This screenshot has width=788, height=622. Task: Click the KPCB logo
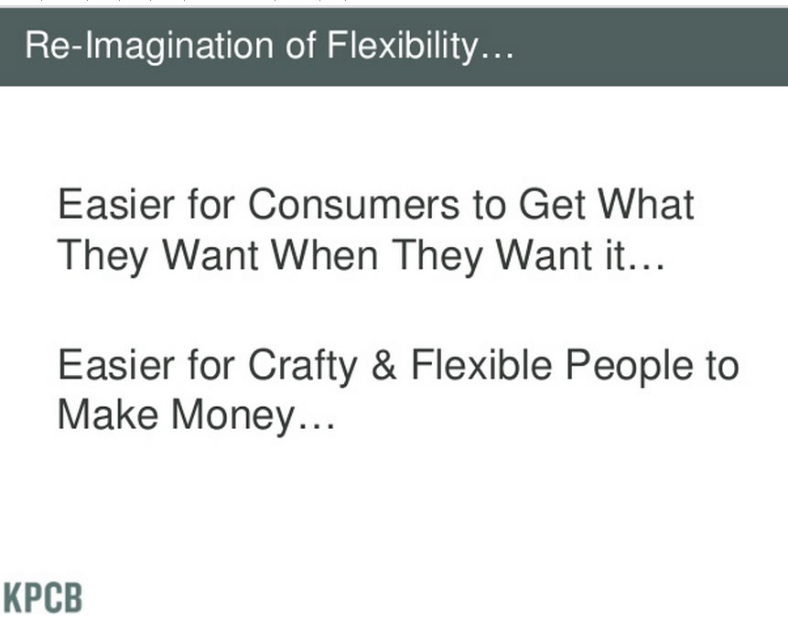click(43, 598)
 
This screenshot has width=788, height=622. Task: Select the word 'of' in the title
click(300, 45)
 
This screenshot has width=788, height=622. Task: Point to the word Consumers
click(353, 205)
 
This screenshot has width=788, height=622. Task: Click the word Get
click(552, 205)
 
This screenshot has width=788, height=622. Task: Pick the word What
click(646, 204)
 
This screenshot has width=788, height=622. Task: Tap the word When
click(324, 254)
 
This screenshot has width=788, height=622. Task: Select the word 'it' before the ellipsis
click(615, 254)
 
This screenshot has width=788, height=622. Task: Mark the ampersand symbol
click(384, 364)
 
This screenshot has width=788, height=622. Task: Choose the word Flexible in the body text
click(481, 364)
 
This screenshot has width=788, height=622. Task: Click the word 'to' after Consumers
click(489, 206)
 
